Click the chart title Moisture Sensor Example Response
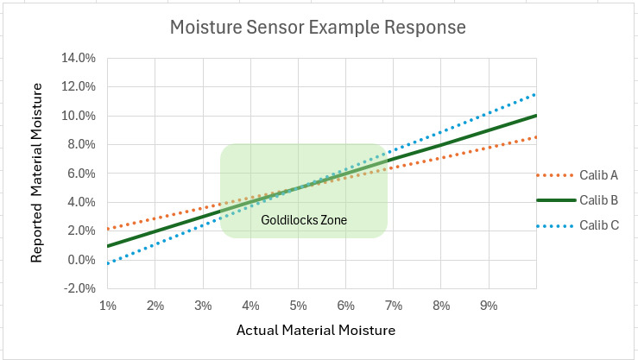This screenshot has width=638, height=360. tap(319, 27)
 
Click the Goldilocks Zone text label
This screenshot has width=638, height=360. tap(304, 220)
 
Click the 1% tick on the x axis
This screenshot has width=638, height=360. tap(108, 306)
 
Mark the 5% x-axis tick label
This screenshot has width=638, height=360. tap(298, 306)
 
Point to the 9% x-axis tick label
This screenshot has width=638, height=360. tap(489, 306)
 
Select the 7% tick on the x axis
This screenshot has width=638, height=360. tap(394, 306)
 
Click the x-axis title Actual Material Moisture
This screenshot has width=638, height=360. tap(315, 330)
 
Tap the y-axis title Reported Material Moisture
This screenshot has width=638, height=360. tap(38, 174)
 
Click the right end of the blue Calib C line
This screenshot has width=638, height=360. tap(536, 94)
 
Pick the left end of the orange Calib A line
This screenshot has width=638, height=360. tap(108, 229)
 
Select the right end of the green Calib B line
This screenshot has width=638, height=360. tap(536, 116)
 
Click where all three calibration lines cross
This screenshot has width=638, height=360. tap(298, 187)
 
